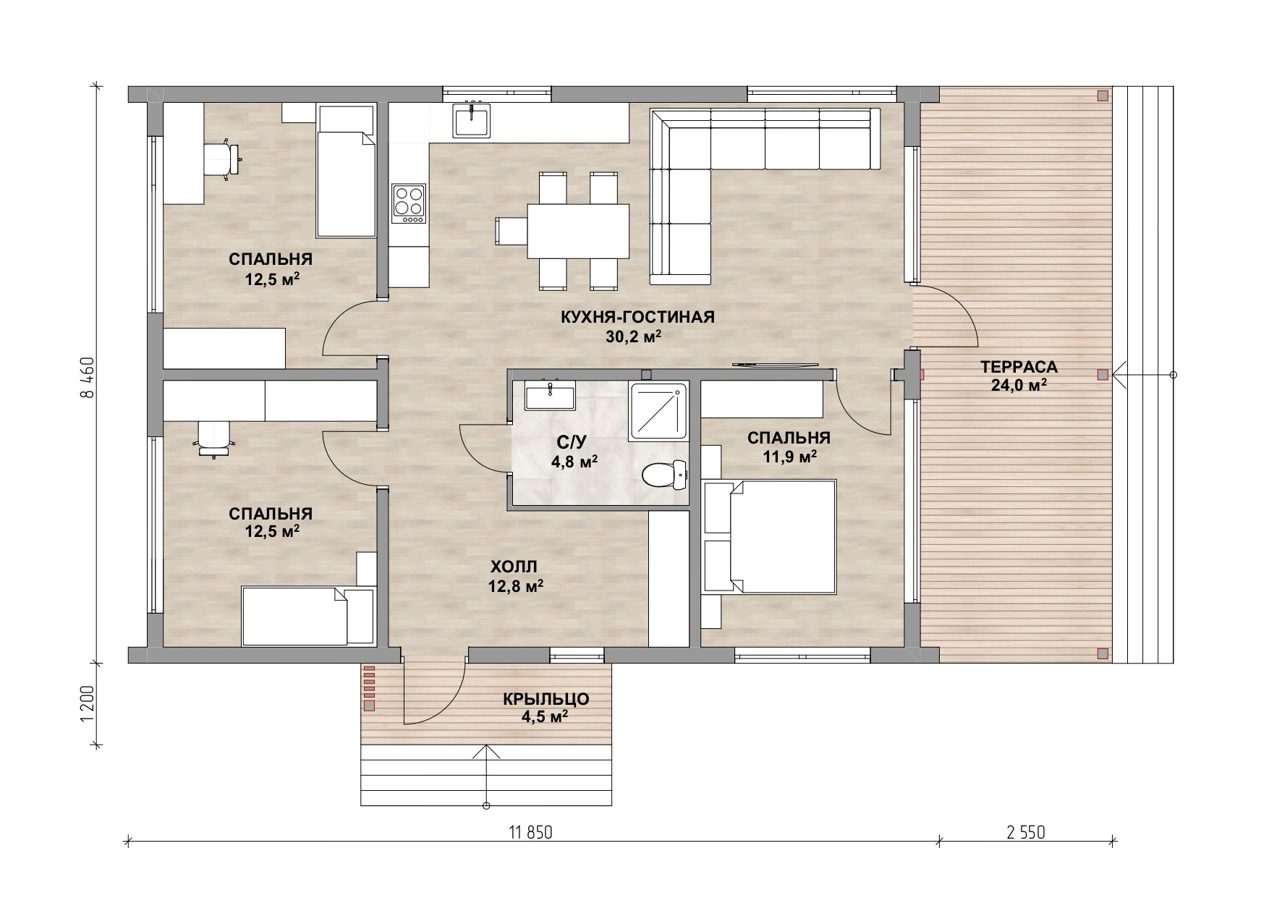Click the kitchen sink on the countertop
pyautogui.click(x=472, y=120)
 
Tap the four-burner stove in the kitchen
pyautogui.click(x=409, y=203)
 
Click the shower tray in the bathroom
pyautogui.click(x=658, y=411)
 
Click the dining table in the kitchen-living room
pyautogui.click(x=578, y=231)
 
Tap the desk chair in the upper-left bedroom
pyautogui.click(x=221, y=158)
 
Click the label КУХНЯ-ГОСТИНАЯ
pyautogui.click(x=637, y=317)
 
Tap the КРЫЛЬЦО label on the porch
pyautogui.click(x=546, y=700)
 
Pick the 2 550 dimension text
pyautogui.click(x=1025, y=833)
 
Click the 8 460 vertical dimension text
pyautogui.click(x=88, y=378)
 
